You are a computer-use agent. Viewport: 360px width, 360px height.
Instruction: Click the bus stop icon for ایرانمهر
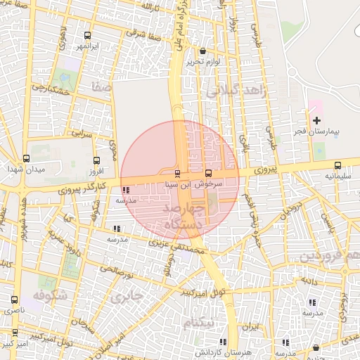(x=87, y=36)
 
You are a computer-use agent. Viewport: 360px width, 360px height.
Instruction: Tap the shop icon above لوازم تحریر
(x=203, y=51)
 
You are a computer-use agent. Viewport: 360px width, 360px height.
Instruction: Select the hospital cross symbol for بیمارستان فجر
(x=316, y=121)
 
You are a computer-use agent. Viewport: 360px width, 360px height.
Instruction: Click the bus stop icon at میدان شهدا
(x=26, y=159)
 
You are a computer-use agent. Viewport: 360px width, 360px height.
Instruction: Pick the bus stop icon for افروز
(x=96, y=160)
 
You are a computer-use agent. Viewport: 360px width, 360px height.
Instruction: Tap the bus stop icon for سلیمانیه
(x=338, y=166)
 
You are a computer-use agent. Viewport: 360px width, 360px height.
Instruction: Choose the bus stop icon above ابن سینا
(x=177, y=173)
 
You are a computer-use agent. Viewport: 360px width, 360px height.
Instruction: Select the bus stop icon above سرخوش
(x=208, y=173)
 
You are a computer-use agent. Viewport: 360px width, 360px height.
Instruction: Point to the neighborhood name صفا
(x=101, y=86)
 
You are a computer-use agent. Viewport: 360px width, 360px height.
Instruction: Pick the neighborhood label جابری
(x=127, y=296)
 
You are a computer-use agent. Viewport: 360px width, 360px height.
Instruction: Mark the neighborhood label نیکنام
(x=199, y=323)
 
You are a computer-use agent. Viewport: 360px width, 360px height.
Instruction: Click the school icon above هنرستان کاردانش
(x=284, y=342)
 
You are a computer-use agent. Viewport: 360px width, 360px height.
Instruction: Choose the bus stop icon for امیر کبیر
(x=15, y=333)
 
